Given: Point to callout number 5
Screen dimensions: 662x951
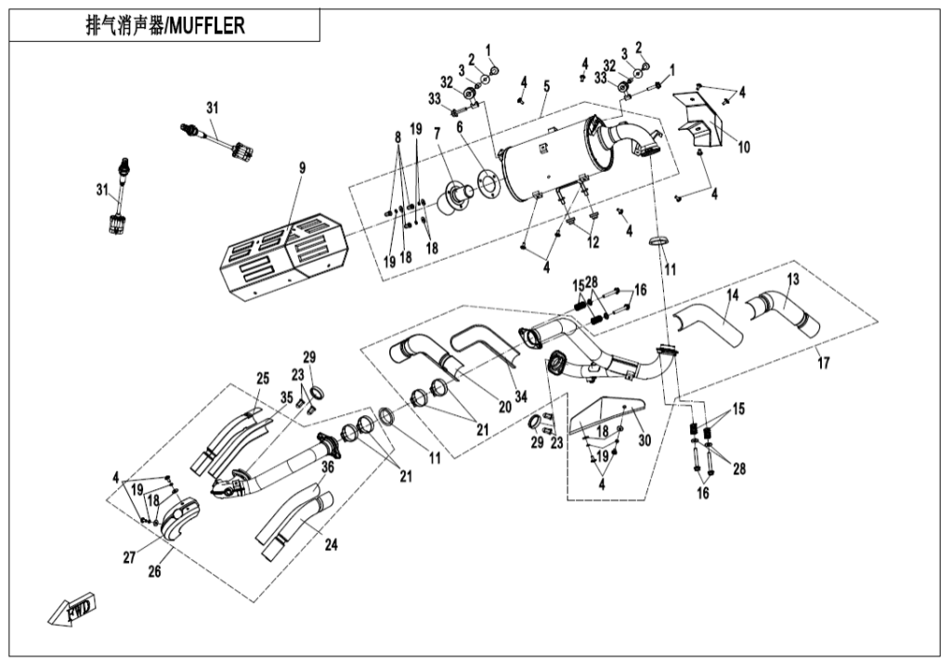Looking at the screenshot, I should click(x=547, y=85).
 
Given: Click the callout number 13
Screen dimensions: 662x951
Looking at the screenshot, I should click(x=792, y=279).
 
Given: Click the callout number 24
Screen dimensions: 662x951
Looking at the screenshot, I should click(x=331, y=546).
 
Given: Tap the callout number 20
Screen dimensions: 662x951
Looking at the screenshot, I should click(x=479, y=406).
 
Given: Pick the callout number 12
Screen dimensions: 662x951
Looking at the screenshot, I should click(x=593, y=242).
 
